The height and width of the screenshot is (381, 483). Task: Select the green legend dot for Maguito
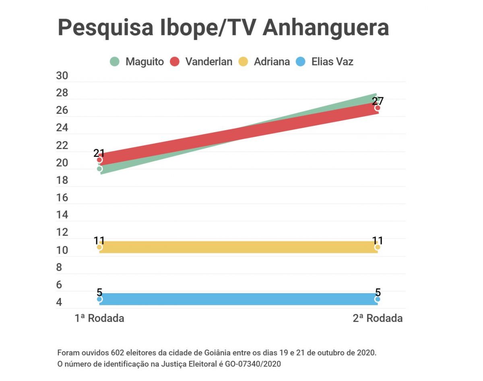coord(115,62)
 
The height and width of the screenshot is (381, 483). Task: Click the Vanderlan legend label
coord(208,62)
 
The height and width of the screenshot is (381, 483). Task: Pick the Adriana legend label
coord(272,62)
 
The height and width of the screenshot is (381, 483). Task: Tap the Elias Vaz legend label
coord(332,62)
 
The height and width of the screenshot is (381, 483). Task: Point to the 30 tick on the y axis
coord(62,76)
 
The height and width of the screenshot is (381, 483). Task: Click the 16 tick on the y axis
coord(62,198)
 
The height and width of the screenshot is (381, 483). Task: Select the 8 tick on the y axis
coord(59,267)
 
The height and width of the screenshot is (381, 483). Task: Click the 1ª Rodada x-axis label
coord(99,318)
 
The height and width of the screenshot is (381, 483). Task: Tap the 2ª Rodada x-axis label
coord(378,318)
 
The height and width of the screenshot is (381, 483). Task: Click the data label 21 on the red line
coord(99,153)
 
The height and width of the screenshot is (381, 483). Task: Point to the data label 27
coord(378,101)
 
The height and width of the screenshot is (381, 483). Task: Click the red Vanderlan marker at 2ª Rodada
coord(378,108)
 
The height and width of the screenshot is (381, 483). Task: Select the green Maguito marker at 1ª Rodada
coord(99,169)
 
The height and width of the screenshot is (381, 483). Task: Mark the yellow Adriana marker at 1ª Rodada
coord(99,247)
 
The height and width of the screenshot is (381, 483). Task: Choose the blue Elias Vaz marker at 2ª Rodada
coord(378,299)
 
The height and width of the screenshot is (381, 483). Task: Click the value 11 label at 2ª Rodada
coord(378,241)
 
